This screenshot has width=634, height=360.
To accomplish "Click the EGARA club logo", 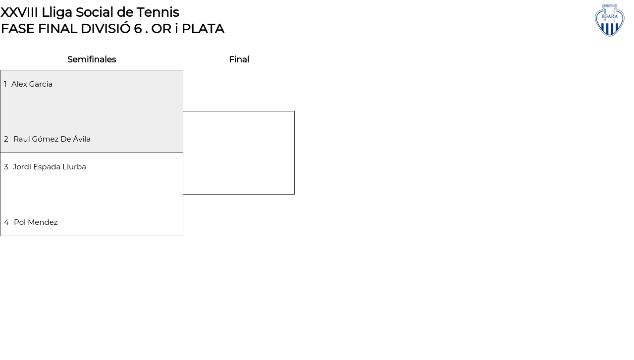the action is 609,20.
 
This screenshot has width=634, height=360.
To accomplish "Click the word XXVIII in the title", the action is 19,12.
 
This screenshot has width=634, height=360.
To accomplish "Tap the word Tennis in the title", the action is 158,12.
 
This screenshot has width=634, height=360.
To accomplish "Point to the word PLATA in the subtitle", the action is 203,29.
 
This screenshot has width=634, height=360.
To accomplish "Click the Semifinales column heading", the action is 92,59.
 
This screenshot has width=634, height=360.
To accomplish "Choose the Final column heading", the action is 239,59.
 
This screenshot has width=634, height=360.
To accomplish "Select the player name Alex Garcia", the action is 32,84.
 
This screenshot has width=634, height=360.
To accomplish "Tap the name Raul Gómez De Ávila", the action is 52,139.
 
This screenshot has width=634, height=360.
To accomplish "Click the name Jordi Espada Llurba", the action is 49,167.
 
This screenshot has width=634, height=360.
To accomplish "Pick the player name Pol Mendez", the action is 36,222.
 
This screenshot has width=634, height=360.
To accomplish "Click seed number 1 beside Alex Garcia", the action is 5,84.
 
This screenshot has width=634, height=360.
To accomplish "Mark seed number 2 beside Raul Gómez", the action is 6,139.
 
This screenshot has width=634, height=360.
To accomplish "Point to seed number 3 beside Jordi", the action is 6,167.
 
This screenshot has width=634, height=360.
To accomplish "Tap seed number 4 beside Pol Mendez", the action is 6,222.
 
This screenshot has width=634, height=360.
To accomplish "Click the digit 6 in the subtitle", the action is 138,29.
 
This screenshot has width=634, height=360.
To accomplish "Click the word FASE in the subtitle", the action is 18,29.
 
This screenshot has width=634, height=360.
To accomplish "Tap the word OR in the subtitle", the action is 161,29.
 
